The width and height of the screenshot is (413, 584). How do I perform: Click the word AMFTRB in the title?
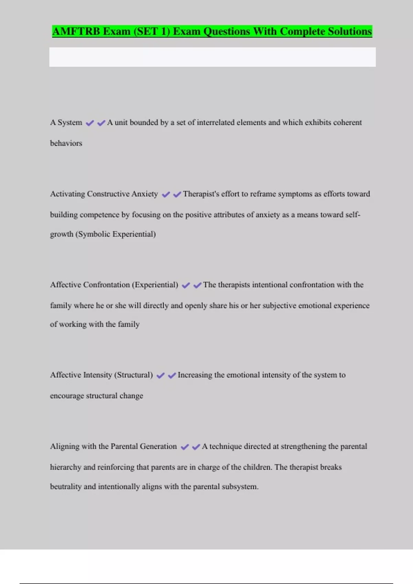point(76,31)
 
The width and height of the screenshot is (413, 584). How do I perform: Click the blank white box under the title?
point(212,57)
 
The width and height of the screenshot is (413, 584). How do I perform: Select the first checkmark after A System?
point(90,123)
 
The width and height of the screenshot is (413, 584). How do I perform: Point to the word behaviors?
point(66,143)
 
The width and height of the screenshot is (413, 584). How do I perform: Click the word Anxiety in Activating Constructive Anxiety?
point(145,194)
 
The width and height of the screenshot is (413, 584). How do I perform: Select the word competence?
point(99,215)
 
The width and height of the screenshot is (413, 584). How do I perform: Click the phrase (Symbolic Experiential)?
point(116,234)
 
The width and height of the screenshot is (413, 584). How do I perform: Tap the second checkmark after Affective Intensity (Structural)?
point(172,376)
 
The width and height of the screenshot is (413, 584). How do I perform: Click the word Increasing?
point(195,375)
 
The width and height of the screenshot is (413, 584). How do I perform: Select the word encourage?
point(67,396)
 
